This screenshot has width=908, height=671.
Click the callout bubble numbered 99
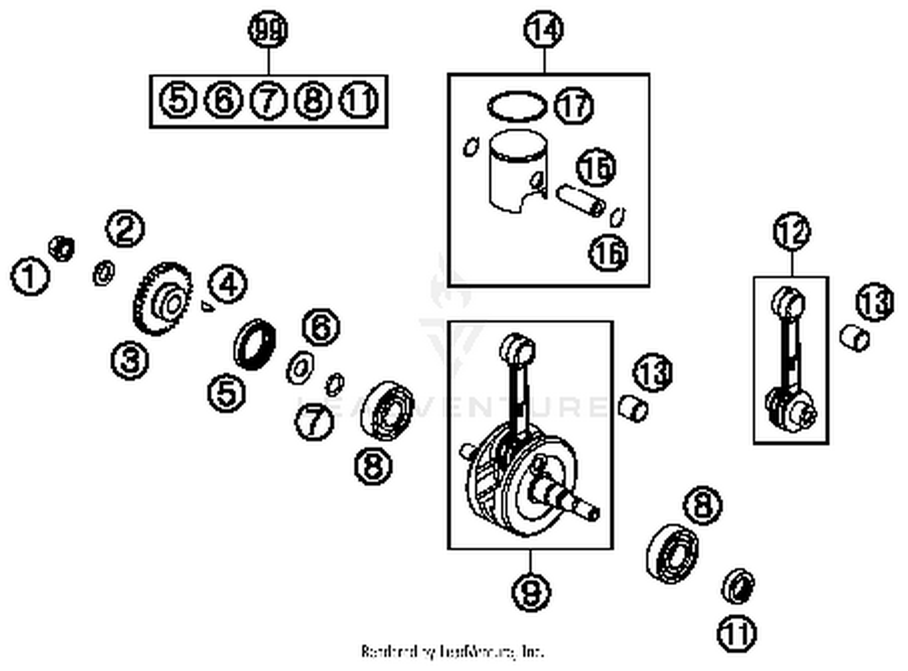click(268, 30)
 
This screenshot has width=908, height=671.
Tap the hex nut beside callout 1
click(61, 248)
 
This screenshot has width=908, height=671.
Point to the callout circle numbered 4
click(228, 284)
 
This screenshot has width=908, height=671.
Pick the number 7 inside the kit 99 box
click(268, 100)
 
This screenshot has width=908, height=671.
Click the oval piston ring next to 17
click(516, 107)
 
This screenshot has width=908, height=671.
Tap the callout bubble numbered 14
click(544, 29)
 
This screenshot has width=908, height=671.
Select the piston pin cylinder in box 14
click(580, 200)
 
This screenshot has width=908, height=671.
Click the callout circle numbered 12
click(791, 232)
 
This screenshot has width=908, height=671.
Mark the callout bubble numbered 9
click(531, 590)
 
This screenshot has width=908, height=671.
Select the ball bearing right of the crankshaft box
click(671, 553)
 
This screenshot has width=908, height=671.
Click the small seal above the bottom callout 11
click(739, 586)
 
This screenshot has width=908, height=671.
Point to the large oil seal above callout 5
click(255, 343)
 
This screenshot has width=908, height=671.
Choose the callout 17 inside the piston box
click(574, 105)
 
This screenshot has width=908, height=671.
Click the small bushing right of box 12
click(855, 338)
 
